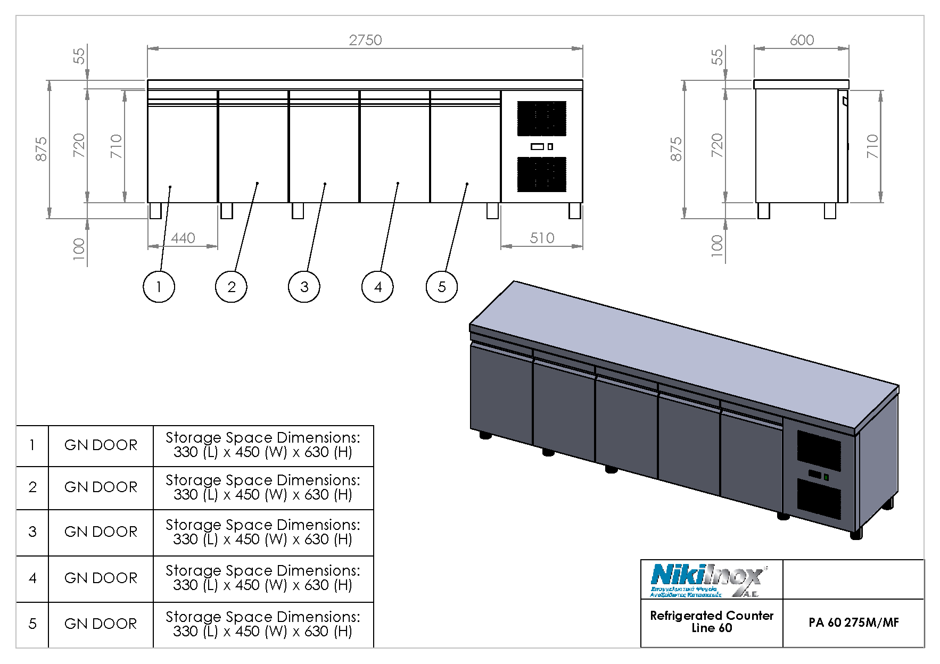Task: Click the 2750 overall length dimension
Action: pos(365,40)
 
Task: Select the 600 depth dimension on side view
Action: pos(801,40)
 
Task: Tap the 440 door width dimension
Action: pos(183,238)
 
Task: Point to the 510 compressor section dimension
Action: pos(542,238)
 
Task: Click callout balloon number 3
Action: pos(304,287)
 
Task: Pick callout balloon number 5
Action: pos(441,287)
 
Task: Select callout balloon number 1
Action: pos(159,287)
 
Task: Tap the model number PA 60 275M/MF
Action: pos(853,622)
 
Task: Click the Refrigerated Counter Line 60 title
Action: pos(711,621)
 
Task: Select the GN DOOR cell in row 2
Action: pos(101,487)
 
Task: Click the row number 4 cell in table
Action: pos(32,578)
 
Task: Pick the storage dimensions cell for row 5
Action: pos(263,624)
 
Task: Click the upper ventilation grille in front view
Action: pos(542,118)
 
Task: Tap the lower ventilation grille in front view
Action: pos(542,174)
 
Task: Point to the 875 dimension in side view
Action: pos(675,149)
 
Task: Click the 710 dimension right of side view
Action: pos(872,146)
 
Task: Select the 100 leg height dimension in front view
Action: pos(78,248)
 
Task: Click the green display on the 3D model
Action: pos(826,477)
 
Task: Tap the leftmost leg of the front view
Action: pos(155,211)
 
